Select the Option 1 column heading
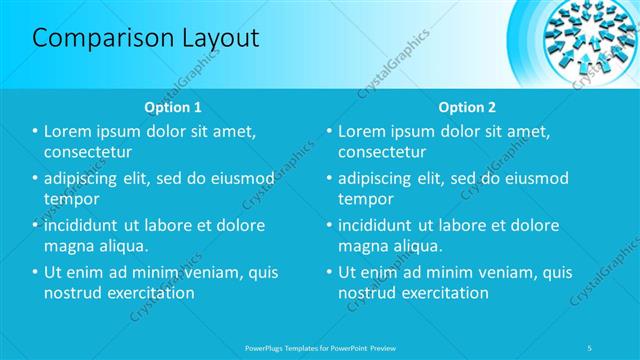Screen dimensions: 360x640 pyautogui.click(x=173, y=107)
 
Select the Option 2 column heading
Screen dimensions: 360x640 pyautogui.click(x=466, y=107)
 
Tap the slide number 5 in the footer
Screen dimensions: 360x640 pyautogui.click(x=591, y=347)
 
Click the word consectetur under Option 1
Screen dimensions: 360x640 pyautogui.click(x=89, y=152)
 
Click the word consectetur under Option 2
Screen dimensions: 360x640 pyautogui.click(x=383, y=152)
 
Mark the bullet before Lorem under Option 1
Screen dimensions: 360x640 pyautogui.click(x=35, y=132)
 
